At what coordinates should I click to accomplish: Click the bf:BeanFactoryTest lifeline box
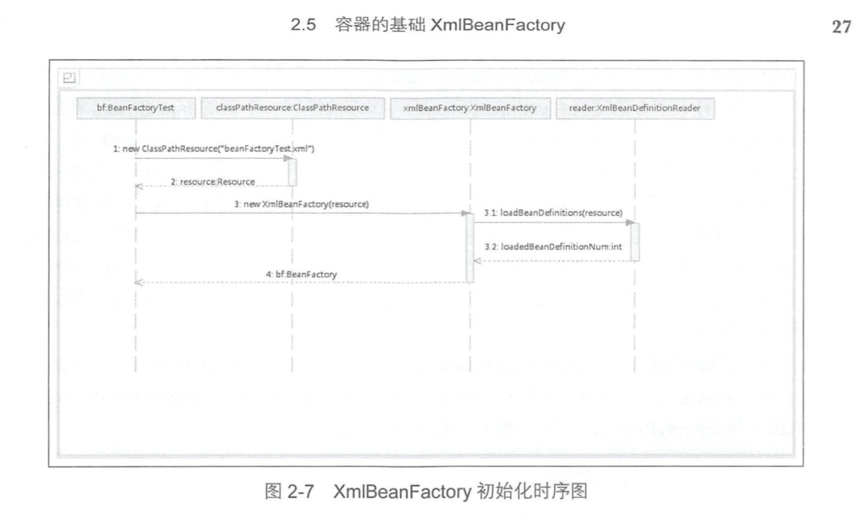pyautogui.click(x=135, y=108)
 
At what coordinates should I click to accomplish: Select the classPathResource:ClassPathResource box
pyautogui.click(x=293, y=108)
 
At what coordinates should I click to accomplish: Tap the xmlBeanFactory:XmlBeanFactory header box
pyautogui.click(x=469, y=108)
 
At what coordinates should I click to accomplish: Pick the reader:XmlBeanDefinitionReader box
pyautogui.click(x=634, y=108)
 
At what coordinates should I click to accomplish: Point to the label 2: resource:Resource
pyautogui.click(x=213, y=182)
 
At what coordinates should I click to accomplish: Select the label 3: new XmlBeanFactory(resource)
pyautogui.click(x=301, y=204)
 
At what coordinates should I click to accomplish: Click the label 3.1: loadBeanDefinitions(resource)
pyautogui.click(x=553, y=212)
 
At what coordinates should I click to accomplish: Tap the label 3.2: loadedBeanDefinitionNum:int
pyautogui.click(x=552, y=245)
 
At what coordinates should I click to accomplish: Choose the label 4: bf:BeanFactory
pyautogui.click(x=302, y=274)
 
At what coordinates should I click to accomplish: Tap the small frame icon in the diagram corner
pyautogui.click(x=68, y=78)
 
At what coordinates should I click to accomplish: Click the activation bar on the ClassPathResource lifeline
pyautogui.click(x=292, y=171)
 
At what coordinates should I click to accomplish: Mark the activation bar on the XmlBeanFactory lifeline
pyautogui.click(x=470, y=248)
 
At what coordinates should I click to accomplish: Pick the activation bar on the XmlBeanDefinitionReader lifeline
pyautogui.click(x=635, y=241)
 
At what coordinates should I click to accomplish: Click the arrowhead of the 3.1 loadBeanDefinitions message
pyautogui.click(x=630, y=223)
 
